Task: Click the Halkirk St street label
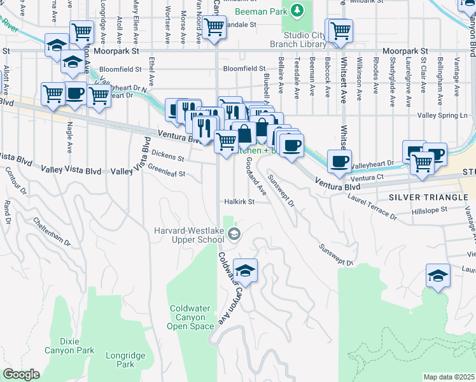point(239,202)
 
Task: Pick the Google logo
point(22,374)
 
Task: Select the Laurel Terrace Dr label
point(372,208)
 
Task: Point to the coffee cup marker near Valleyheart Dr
point(339,160)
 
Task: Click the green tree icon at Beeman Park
point(296,11)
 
